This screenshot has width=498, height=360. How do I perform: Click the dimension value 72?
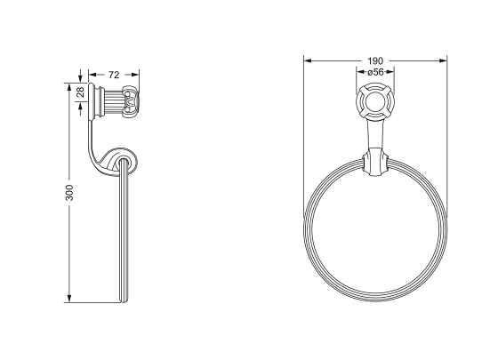[114, 76]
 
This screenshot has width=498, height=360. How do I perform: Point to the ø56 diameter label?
[375, 72]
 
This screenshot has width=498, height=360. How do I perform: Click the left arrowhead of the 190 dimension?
[308, 61]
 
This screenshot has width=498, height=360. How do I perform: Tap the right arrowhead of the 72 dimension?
[138, 76]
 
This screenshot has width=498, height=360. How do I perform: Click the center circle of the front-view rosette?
[374, 105]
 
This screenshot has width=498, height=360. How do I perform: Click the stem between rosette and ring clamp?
[374, 138]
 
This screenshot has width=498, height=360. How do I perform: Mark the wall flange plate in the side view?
[90, 104]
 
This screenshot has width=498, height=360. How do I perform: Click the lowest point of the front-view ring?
[374, 298]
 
